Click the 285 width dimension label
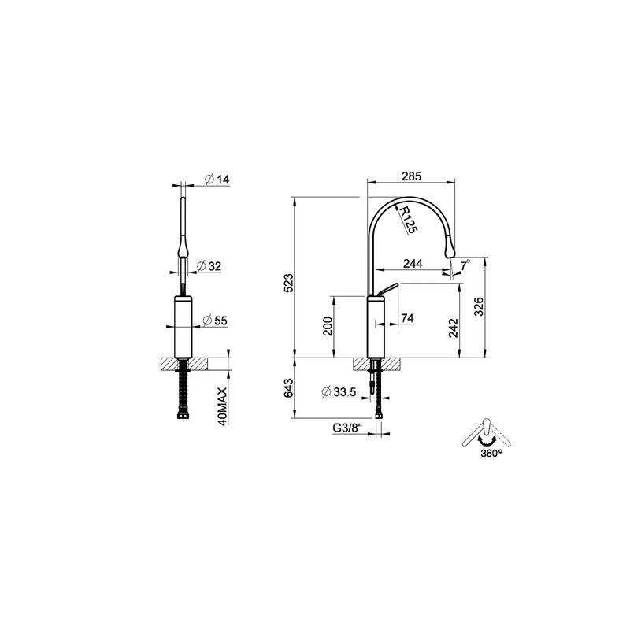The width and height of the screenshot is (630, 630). pyautogui.click(x=411, y=176)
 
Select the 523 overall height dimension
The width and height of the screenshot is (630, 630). pyautogui.click(x=289, y=283)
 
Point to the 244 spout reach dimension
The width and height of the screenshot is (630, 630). pyautogui.click(x=413, y=264)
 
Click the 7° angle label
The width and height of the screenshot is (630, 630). pyautogui.click(x=465, y=265)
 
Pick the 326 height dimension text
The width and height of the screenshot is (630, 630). pyautogui.click(x=479, y=306)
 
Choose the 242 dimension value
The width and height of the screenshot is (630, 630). pyautogui.click(x=454, y=328)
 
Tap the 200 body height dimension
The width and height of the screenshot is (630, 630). pyautogui.click(x=328, y=326)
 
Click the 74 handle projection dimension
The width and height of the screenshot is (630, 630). pyautogui.click(x=407, y=318)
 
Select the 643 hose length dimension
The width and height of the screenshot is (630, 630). pyautogui.click(x=289, y=388)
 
